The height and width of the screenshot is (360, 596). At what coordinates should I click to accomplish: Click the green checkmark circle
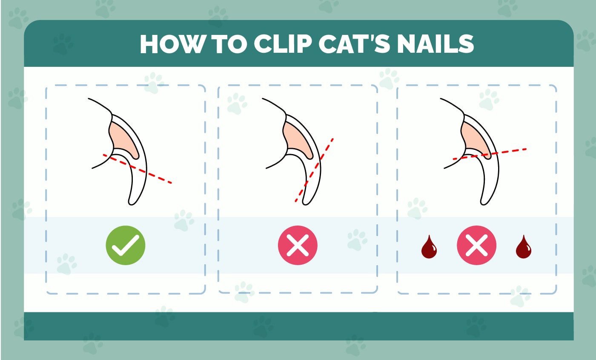[126, 246]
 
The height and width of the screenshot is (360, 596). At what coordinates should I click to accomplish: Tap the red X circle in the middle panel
[298, 246]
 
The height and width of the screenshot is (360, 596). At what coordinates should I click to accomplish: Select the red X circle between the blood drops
[476, 246]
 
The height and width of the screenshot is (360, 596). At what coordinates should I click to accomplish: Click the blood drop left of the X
[429, 248]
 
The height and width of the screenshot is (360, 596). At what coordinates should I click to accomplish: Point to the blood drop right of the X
[524, 248]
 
